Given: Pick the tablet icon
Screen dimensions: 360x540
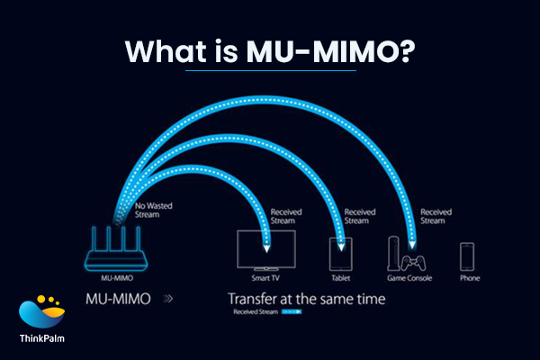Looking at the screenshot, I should tap(341, 256).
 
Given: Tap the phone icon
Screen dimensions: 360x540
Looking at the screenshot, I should tap(468, 256).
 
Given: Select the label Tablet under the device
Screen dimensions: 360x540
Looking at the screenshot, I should tap(341, 279).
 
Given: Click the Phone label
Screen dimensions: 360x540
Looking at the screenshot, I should tap(468, 279).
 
